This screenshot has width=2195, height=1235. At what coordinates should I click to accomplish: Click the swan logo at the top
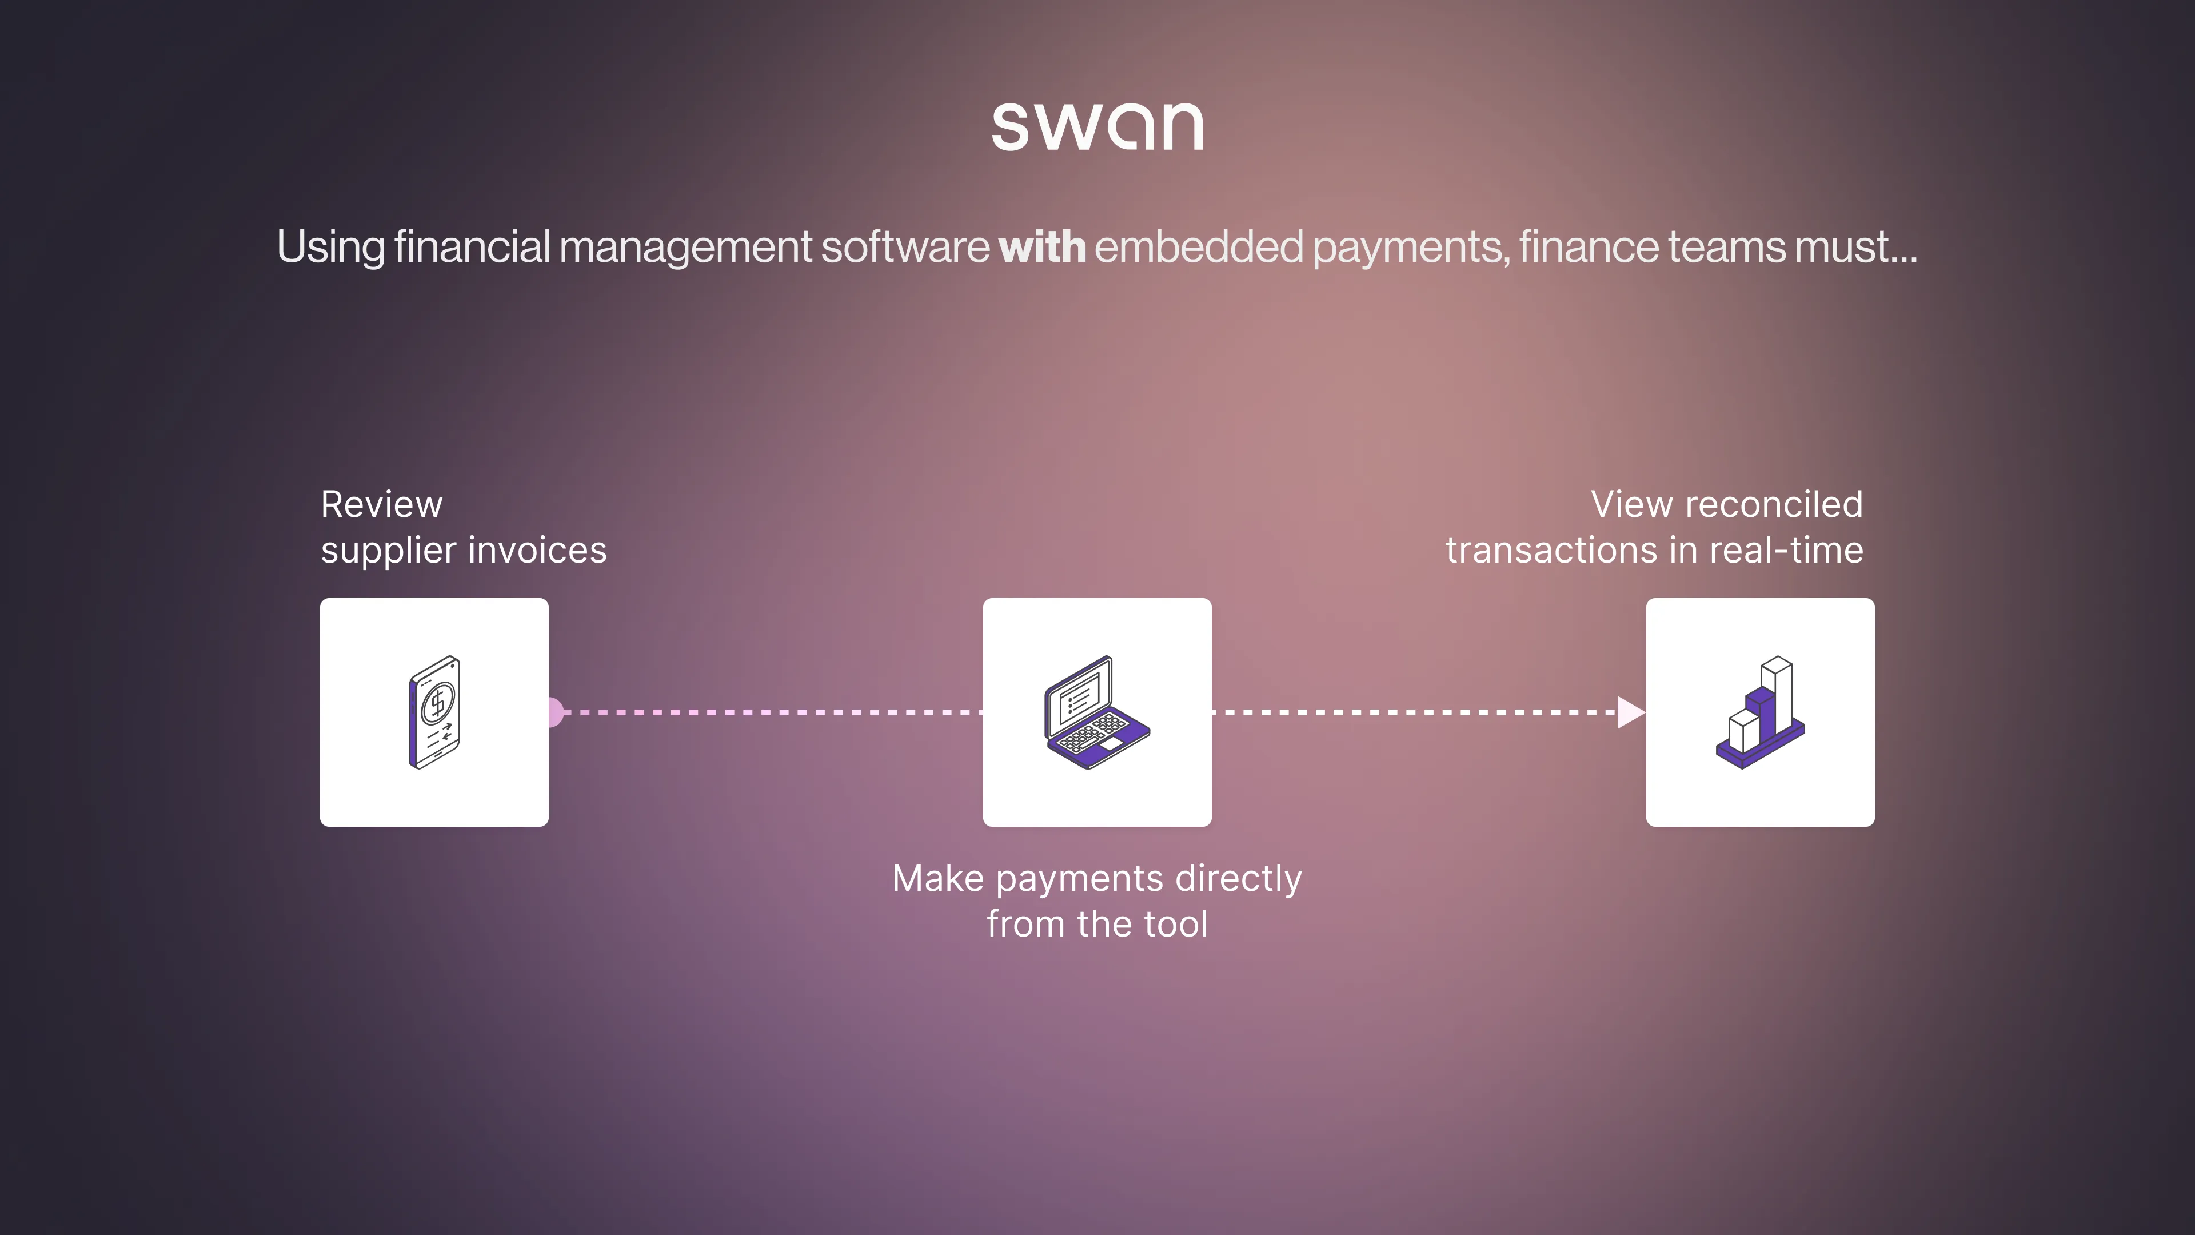[x=1097, y=126]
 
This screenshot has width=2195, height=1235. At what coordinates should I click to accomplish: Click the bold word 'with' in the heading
[x=1042, y=247]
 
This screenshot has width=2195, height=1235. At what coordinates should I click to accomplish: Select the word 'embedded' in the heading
[x=1198, y=247]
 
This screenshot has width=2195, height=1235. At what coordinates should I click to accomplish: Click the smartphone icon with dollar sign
[x=434, y=712]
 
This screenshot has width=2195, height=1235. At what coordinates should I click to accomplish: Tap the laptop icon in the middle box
[x=1097, y=712]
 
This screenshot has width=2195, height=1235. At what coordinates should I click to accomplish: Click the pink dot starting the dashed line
[x=554, y=712]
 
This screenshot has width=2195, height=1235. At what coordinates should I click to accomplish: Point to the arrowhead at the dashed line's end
[x=1629, y=712]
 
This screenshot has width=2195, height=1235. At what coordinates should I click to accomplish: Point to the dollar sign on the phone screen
[x=438, y=702]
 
